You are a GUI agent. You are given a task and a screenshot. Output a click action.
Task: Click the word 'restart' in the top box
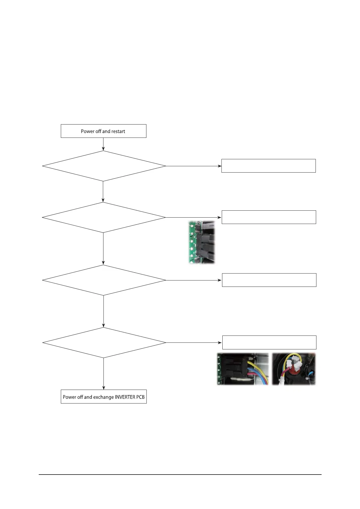pos(118,131)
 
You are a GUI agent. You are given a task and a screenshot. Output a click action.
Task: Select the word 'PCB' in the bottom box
pos(140,397)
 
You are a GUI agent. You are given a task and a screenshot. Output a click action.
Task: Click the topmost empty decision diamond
pos(103,166)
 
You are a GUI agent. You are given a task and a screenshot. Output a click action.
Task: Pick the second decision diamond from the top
pos(103,217)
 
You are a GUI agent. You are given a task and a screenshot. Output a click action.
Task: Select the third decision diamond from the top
pos(103,280)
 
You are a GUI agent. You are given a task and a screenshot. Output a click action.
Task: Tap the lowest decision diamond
pos(103,342)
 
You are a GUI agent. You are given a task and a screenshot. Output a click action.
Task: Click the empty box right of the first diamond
pos(268,166)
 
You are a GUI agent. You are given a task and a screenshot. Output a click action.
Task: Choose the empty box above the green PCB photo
pos(269,217)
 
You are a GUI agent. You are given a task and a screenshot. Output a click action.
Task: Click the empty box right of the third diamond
pos(269,280)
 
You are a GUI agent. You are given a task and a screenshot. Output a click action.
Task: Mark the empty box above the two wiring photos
pos(269,342)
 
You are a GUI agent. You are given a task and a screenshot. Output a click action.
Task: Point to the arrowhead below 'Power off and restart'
pos(103,149)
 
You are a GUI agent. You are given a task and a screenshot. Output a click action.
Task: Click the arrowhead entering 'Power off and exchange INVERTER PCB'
pos(103,388)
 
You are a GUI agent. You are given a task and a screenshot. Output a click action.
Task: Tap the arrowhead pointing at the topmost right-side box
pos(220,166)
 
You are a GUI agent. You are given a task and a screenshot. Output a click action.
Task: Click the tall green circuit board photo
pos(201,242)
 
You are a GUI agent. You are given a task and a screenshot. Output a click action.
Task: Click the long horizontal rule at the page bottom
pos(180,475)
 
